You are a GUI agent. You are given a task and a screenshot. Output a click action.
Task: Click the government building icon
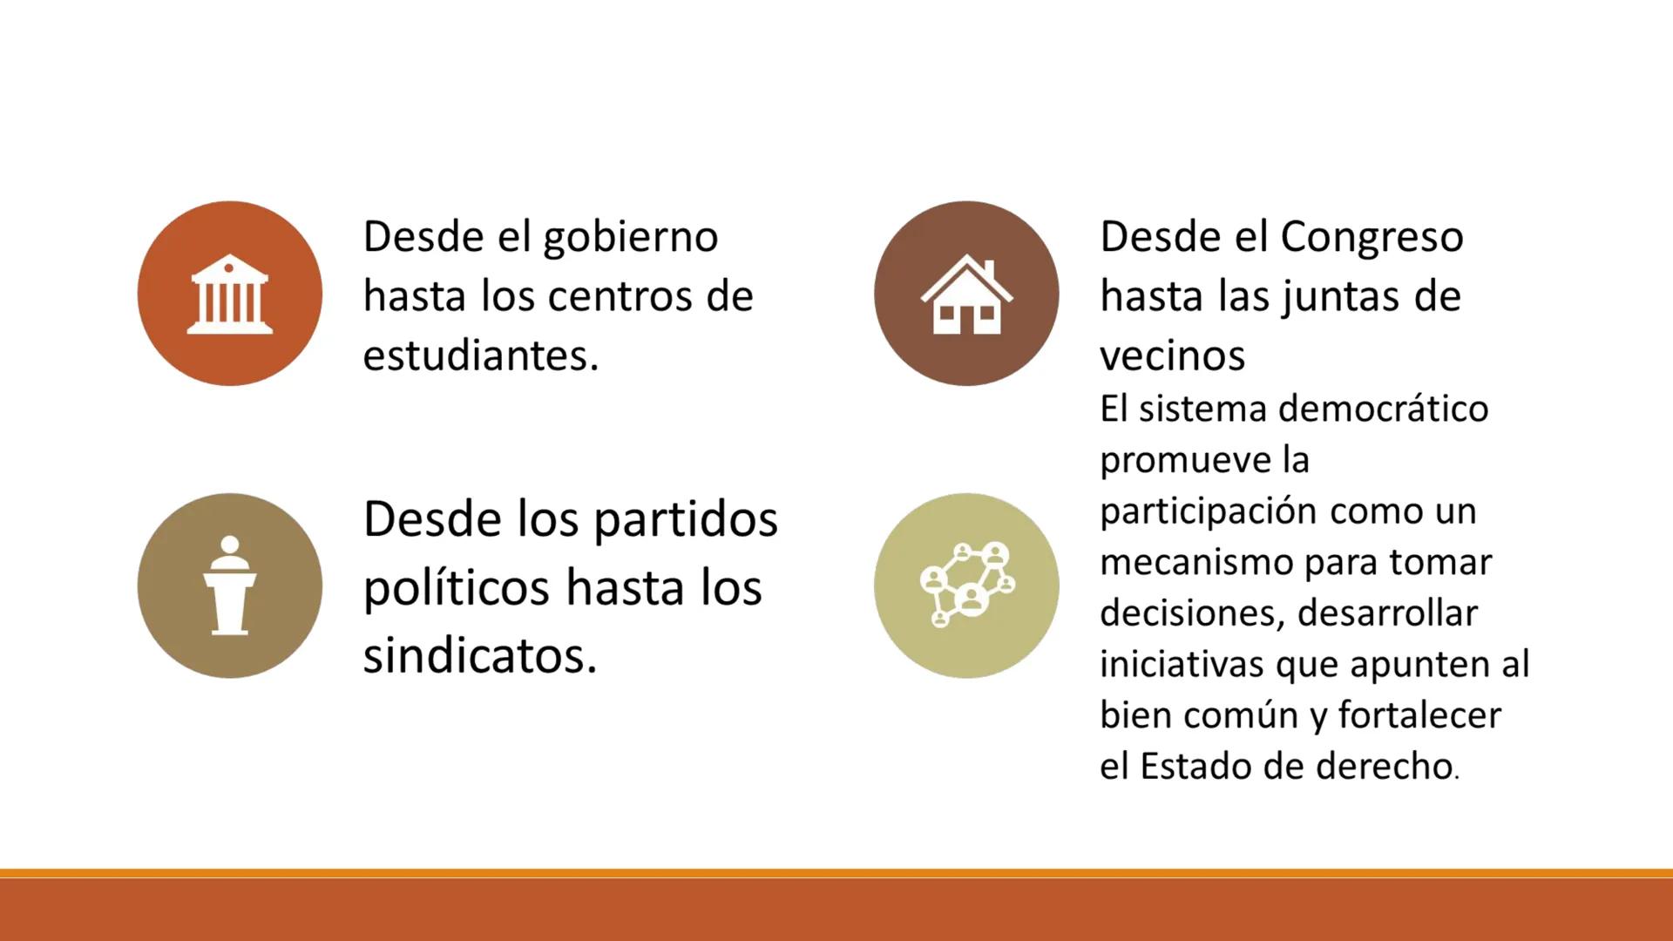click(x=229, y=294)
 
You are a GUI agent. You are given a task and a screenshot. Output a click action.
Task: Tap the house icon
click(x=966, y=294)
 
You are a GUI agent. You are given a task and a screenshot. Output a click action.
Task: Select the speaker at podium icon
click(x=229, y=586)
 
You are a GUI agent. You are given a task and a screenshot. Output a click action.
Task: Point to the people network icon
click(x=966, y=585)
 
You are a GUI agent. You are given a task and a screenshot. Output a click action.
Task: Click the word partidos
click(x=686, y=521)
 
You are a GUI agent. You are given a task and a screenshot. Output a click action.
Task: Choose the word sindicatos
click(x=479, y=656)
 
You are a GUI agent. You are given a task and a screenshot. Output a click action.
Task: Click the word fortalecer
click(x=1419, y=716)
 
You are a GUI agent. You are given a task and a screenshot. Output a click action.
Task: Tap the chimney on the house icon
click(x=989, y=268)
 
